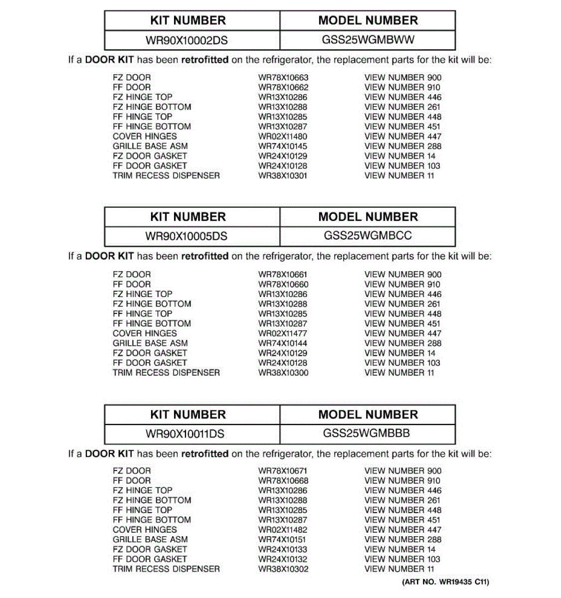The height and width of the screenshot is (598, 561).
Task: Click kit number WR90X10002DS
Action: click(187, 40)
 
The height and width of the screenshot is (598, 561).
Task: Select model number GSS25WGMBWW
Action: click(368, 40)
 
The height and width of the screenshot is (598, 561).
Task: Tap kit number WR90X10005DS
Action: click(187, 236)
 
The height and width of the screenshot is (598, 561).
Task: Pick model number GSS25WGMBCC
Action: click(368, 236)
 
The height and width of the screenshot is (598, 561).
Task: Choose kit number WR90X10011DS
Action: click(185, 434)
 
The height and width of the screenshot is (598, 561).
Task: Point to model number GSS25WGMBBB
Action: click(367, 433)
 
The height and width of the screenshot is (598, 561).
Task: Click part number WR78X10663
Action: click(283, 78)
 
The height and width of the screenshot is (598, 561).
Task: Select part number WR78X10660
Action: click(283, 285)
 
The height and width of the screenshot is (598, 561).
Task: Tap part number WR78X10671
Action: click(283, 471)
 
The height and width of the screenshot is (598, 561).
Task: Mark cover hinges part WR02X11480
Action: click(283, 137)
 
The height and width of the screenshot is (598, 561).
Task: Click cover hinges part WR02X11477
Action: click(283, 333)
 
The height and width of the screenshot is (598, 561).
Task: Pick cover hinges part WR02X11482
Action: click(283, 530)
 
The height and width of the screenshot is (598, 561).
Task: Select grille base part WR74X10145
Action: click(283, 147)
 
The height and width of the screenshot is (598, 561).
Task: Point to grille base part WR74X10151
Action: click(282, 540)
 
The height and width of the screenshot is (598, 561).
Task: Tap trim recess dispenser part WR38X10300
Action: click(283, 373)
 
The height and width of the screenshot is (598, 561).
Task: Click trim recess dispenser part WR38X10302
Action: click(283, 569)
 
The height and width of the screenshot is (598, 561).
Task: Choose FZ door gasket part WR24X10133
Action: click(283, 550)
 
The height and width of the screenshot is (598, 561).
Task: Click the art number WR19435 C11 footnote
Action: click(445, 582)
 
